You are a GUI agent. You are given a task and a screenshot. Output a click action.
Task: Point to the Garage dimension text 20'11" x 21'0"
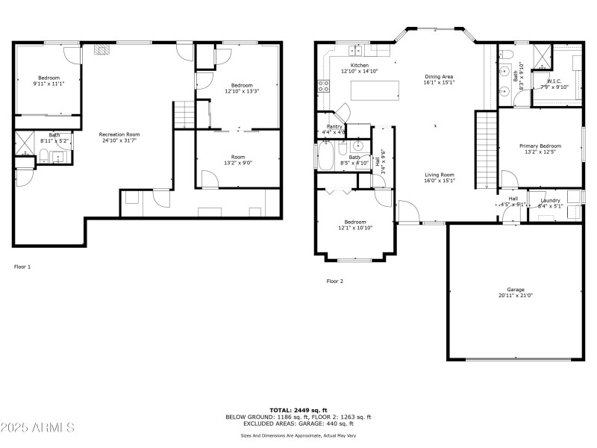tap(516, 296)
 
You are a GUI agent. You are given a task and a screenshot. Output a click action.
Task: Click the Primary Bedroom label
tap(540, 146)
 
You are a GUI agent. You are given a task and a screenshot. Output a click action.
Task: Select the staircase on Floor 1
tap(183, 115)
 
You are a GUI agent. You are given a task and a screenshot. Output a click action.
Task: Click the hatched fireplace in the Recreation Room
tap(103, 50)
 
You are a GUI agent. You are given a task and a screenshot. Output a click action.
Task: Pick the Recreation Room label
tap(119, 134)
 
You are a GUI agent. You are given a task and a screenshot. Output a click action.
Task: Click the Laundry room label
tap(550, 200)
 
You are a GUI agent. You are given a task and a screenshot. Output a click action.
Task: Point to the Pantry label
tap(334, 127)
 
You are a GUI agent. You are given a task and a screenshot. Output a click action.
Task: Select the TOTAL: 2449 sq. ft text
tap(298, 411)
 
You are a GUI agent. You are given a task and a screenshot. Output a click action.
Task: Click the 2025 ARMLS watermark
tap(37, 428)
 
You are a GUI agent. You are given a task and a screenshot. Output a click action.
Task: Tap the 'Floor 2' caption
tap(334, 281)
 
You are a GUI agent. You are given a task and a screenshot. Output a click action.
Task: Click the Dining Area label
tap(439, 77)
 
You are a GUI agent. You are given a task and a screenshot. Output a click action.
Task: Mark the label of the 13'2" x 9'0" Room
tap(238, 158)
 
